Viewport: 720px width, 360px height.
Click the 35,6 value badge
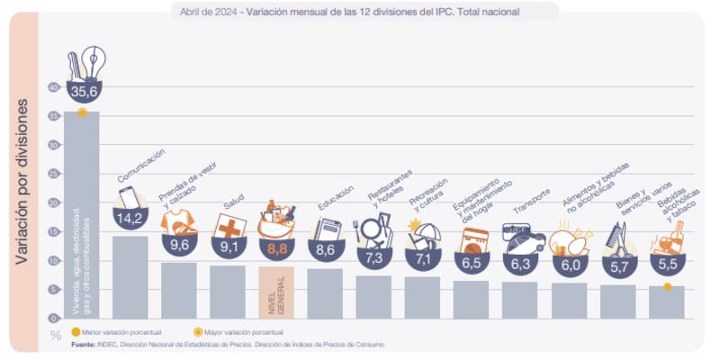(x=81, y=92)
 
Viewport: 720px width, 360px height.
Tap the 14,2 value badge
(x=130, y=218)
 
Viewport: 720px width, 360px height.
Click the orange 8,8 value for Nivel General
(x=275, y=246)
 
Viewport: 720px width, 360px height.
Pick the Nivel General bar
(x=275, y=292)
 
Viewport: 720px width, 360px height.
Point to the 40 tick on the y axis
(x=53, y=87)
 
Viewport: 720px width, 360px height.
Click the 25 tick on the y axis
(x=53, y=174)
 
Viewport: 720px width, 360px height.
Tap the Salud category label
(x=233, y=205)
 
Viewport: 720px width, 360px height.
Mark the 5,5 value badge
(x=666, y=267)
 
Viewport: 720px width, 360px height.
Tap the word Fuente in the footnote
(x=84, y=344)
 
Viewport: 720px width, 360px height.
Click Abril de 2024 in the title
(x=208, y=11)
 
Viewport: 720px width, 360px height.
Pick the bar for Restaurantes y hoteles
(x=373, y=297)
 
